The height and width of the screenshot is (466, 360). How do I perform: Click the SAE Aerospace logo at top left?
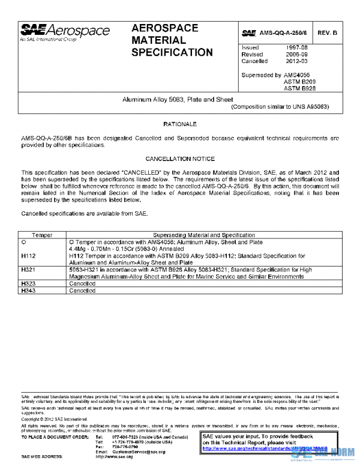(x=65, y=32)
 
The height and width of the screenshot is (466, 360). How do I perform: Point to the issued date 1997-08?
(x=297, y=47)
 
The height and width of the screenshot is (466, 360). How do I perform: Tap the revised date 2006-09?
(x=297, y=54)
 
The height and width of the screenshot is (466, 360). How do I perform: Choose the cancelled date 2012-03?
(x=297, y=61)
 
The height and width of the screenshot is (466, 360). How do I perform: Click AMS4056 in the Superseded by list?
(x=299, y=75)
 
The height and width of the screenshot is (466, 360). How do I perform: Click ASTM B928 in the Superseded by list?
(x=299, y=88)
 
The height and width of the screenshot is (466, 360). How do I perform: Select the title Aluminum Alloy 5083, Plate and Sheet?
(x=178, y=99)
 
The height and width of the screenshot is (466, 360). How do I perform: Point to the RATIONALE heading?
(x=180, y=124)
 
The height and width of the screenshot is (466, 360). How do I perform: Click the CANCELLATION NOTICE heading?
(x=180, y=159)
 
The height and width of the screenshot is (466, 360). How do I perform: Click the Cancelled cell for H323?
(x=82, y=283)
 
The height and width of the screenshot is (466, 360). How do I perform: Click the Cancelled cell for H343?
(x=82, y=291)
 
